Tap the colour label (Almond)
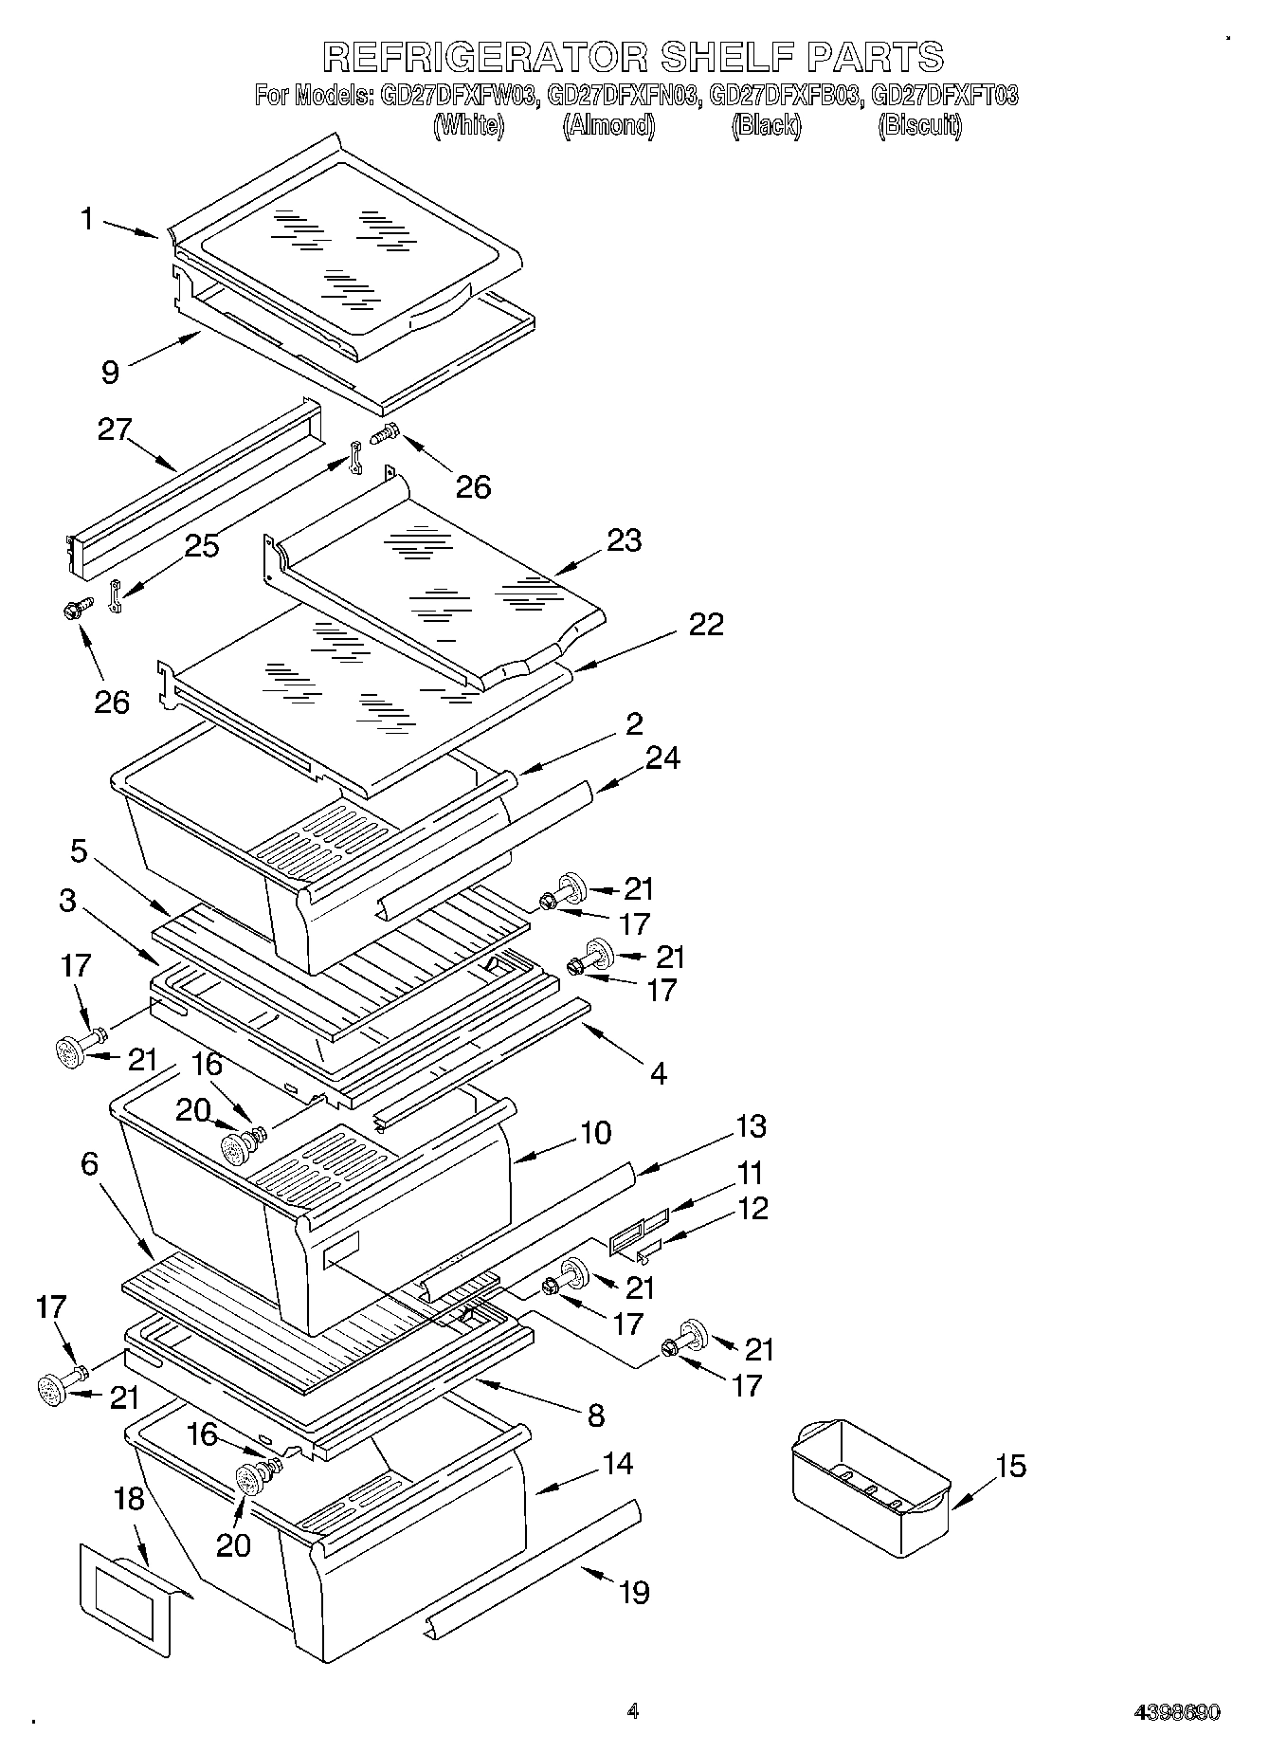(608, 125)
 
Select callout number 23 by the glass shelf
(625, 540)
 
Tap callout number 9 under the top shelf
(111, 372)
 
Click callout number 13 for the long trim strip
(751, 1126)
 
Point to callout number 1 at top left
(87, 219)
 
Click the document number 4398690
(1177, 1712)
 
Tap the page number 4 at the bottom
(633, 1711)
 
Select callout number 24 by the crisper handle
(662, 758)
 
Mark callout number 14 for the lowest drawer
(617, 1464)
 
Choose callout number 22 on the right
(705, 624)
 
